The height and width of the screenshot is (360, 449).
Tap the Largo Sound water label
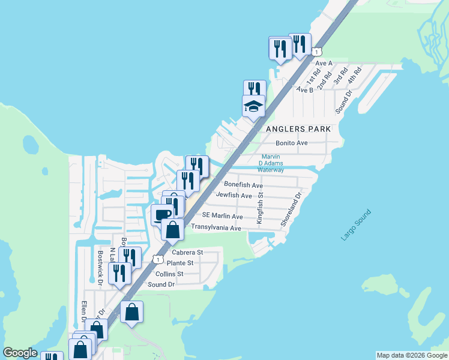357,225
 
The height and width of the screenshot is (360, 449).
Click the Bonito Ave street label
292,143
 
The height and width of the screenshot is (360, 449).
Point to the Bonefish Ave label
243,185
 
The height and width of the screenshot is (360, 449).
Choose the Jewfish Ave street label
234,195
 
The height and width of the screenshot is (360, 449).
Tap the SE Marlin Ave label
223,215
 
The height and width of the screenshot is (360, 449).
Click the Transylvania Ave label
215,228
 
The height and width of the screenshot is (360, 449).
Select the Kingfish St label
260,208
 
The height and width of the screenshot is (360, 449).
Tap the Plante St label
180,263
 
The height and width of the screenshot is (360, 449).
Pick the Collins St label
169,274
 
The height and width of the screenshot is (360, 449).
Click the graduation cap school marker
253,107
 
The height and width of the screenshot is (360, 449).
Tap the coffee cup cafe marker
162,215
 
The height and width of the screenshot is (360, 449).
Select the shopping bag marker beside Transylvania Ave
172,230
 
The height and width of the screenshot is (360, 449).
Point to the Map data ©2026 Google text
412,355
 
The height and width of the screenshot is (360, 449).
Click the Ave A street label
324,63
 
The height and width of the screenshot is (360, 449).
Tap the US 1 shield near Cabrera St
157,259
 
